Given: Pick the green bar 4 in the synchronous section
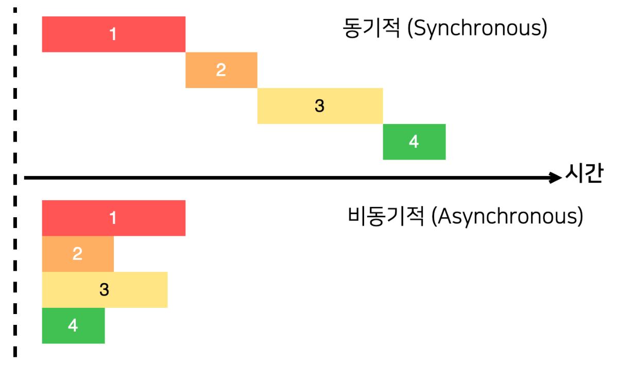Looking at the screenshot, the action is tap(433, 142).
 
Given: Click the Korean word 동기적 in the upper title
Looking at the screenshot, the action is tap(371, 29).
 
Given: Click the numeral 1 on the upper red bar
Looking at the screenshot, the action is tap(113, 34).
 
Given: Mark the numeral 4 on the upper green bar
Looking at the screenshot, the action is tap(414, 142).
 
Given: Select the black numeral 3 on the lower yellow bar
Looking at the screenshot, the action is tap(105, 290).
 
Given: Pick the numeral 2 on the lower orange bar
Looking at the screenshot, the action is tap(77, 254).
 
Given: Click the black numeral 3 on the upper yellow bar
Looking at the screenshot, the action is tap(320, 106).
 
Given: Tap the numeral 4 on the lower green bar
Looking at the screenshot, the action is tap(73, 325).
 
